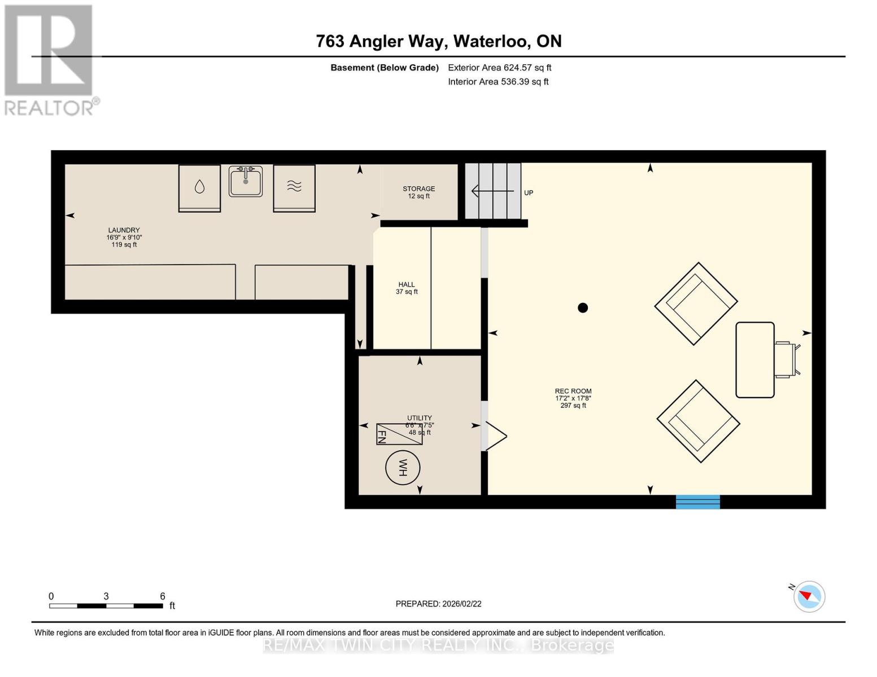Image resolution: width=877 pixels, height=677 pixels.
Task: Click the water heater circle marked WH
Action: coord(403,468)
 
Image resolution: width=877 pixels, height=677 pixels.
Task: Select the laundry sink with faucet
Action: coord(246,181)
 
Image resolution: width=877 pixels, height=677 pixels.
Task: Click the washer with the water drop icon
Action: coord(199,188)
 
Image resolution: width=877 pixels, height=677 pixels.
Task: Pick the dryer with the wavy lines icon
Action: coord(294,188)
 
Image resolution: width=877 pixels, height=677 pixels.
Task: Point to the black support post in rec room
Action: coord(583,307)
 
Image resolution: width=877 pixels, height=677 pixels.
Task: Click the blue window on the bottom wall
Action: coord(698,502)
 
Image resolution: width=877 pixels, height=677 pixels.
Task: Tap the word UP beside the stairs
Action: coord(529,193)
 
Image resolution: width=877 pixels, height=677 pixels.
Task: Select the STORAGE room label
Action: coord(418,189)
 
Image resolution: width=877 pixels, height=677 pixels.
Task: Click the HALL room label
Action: coord(407,285)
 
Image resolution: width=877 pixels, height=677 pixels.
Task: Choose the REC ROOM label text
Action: coord(573,391)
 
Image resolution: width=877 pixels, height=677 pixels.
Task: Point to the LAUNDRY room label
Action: coord(124,230)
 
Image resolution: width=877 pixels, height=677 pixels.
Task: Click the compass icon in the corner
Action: coord(809,596)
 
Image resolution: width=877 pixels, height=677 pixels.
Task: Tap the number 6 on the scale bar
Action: coord(163,596)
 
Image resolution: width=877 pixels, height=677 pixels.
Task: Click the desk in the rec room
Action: coord(755,360)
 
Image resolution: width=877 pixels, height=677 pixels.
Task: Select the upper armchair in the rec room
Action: coord(696,304)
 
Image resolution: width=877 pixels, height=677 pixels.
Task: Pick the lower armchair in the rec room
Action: coord(698,421)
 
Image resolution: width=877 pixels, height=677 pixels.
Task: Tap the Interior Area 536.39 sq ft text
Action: coord(498,82)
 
